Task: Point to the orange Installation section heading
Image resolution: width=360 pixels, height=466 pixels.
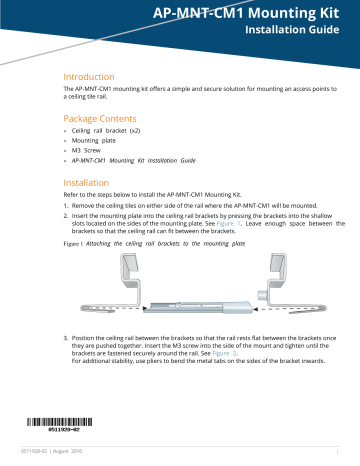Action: tap(92, 184)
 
